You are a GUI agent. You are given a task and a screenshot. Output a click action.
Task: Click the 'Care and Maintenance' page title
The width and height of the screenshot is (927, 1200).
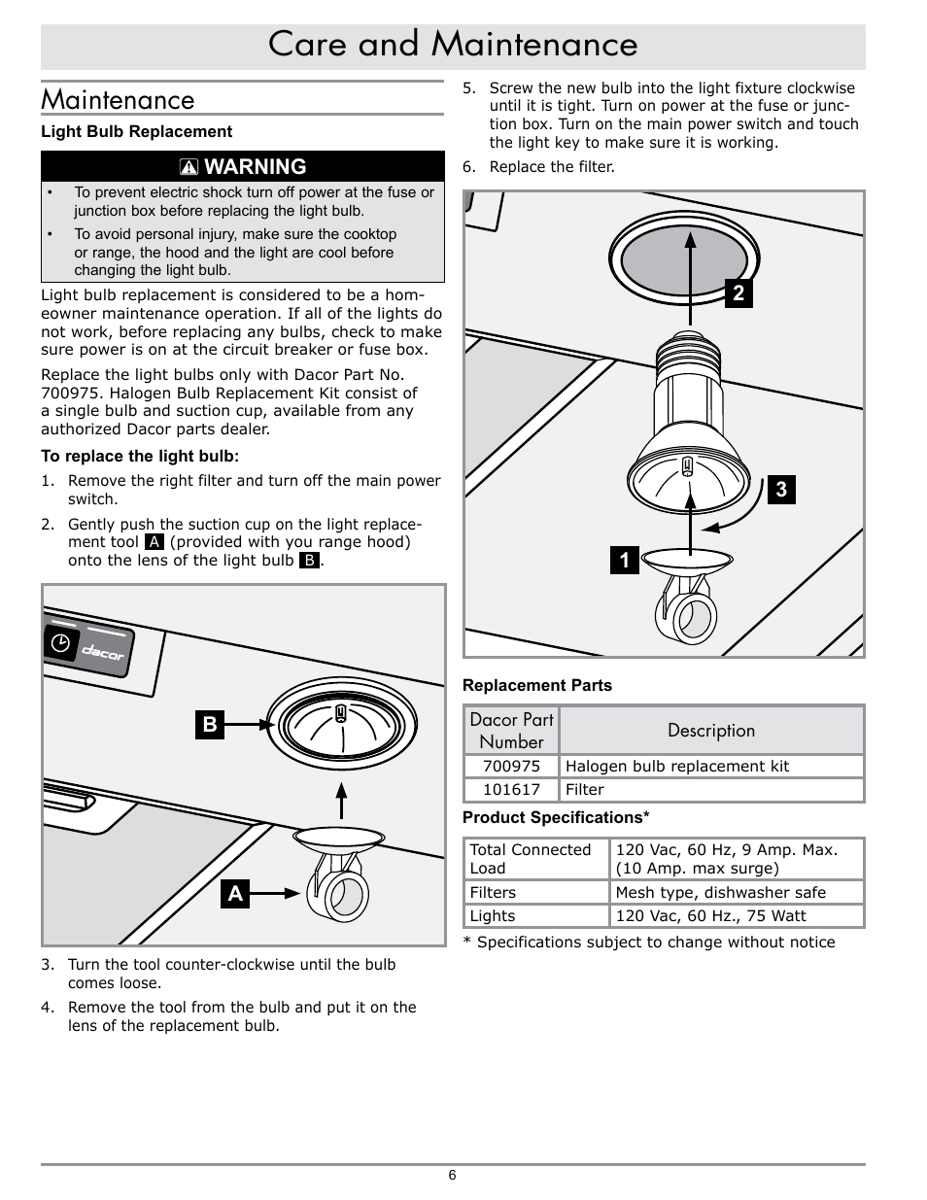pyautogui.click(x=453, y=45)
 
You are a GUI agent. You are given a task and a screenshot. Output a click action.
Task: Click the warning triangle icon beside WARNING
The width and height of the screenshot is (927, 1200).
pyautogui.click(x=189, y=167)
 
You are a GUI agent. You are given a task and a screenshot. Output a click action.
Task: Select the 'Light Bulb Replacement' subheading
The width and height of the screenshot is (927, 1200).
pyautogui.click(x=136, y=131)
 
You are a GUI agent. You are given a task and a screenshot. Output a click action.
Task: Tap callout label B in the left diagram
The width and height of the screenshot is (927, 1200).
pyautogui.click(x=209, y=724)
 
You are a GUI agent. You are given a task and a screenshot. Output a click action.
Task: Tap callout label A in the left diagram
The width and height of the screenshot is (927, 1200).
pyautogui.click(x=235, y=893)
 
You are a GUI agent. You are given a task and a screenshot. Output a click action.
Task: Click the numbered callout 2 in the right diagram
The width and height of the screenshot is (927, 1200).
pyautogui.click(x=738, y=292)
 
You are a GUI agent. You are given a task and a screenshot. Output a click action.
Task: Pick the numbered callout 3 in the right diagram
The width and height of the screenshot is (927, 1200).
pyautogui.click(x=781, y=490)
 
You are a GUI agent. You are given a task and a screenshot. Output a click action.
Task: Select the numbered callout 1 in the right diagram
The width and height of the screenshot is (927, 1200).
pyautogui.click(x=625, y=560)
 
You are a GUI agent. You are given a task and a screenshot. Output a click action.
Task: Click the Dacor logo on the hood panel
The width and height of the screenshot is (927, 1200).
pyautogui.click(x=103, y=651)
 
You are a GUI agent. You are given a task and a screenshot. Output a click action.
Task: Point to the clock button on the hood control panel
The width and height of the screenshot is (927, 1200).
pyautogui.click(x=61, y=642)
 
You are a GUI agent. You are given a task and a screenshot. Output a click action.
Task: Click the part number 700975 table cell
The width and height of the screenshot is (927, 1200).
pyautogui.click(x=511, y=766)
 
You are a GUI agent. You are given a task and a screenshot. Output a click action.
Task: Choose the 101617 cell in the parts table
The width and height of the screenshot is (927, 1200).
pyautogui.click(x=511, y=790)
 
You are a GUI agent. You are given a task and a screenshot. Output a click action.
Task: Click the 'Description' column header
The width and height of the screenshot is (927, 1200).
pyautogui.click(x=711, y=731)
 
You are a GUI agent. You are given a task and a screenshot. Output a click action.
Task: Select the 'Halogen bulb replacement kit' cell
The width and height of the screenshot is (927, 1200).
pyautogui.click(x=677, y=766)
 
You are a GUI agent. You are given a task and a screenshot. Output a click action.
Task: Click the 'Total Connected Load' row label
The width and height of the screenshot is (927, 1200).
pyautogui.click(x=531, y=859)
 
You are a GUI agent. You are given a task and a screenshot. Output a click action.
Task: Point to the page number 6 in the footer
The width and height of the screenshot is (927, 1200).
pyautogui.click(x=452, y=1175)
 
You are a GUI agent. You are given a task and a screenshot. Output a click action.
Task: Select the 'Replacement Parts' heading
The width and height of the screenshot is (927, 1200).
pyautogui.click(x=537, y=685)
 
